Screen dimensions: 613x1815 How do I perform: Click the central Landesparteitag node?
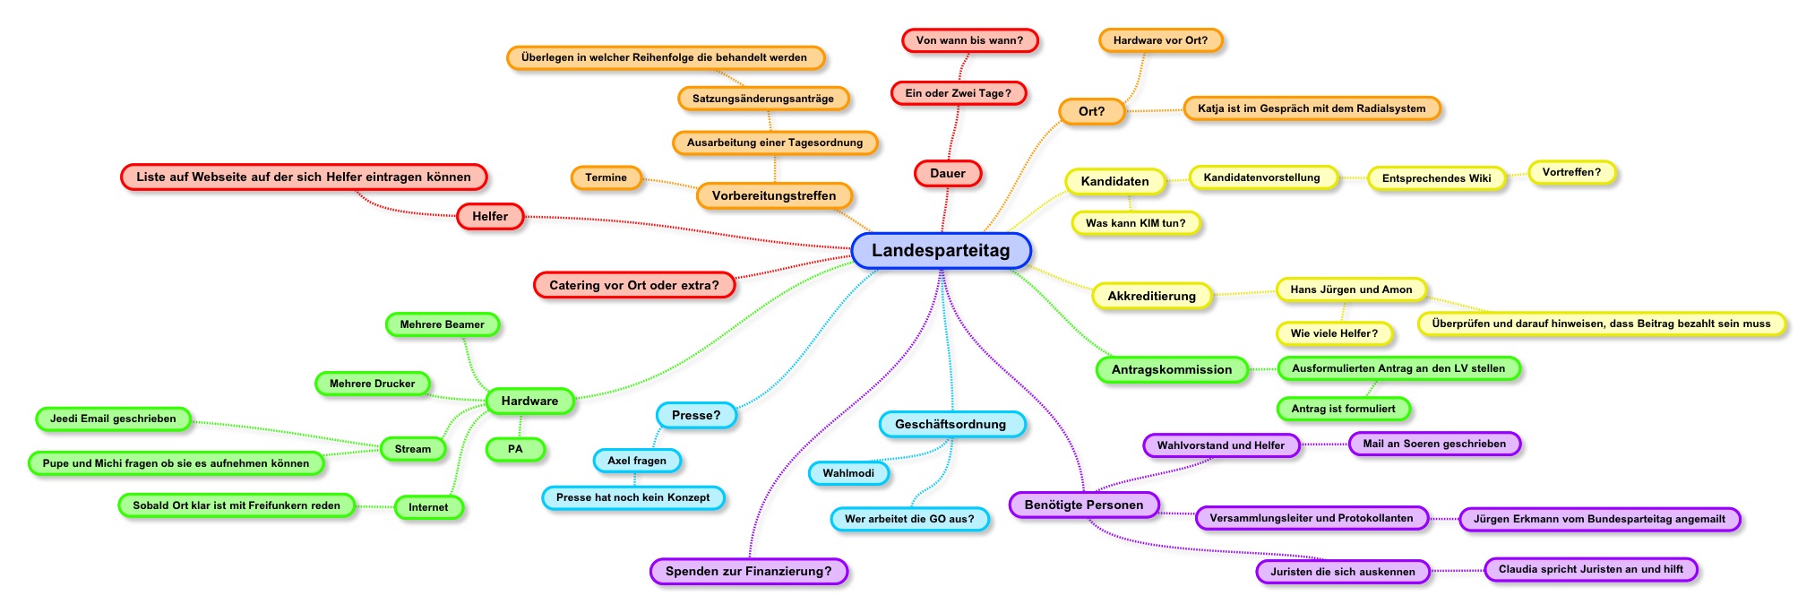[941, 251]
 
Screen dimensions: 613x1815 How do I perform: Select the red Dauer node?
[948, 174]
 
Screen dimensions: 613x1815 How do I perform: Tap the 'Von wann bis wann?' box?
[969, 40]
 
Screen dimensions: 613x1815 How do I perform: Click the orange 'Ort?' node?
[1091, 112]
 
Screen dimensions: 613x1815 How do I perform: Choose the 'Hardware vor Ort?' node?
[1160, 40]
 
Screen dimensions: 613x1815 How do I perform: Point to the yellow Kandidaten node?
[1114, 182]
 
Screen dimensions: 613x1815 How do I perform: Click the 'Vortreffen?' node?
[1571, 172]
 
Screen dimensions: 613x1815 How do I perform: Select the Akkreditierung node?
[1151, 297]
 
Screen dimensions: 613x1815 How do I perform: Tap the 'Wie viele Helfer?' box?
[1334, 333]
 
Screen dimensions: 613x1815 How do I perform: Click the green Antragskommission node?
[1172, 370]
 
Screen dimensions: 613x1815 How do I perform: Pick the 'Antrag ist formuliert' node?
[1343, 409]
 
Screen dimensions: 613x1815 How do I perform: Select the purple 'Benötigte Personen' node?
[1084, 505]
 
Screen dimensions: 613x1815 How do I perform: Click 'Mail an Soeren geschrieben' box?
[1434, 444]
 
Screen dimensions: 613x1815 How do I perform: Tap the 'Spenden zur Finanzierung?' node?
[748, 572]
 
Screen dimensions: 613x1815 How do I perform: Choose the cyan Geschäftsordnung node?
[951, 425]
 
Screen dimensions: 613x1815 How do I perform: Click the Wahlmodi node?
[848, 473]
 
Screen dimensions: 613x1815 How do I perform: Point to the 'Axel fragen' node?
[637, 461]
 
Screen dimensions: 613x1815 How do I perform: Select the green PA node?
[515, 449]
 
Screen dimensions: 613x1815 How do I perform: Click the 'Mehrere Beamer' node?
[442, 324]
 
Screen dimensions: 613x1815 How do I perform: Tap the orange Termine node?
[606, 177]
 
